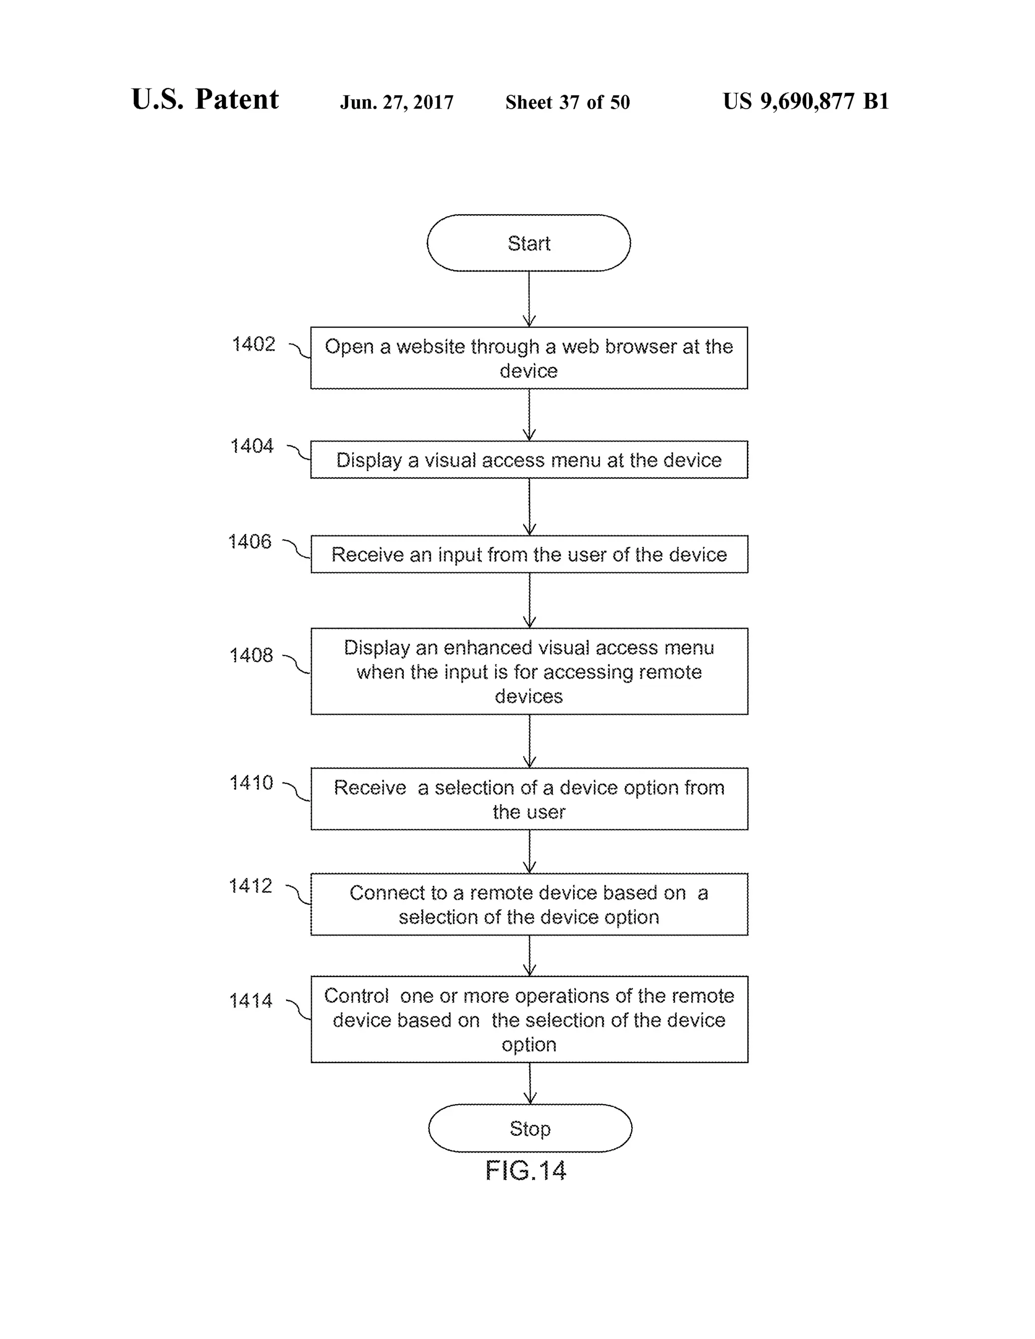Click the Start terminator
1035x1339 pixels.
(x=529, y=243)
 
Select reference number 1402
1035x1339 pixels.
(x=253, y=345)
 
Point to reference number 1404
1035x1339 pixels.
(x=251, y=446)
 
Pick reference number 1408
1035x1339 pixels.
(x=251, y=655)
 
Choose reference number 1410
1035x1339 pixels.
(x=251, y=783)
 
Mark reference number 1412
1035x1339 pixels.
(x=250, y=886)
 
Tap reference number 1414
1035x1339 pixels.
(x=250, y=1001)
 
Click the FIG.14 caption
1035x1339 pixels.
(x=526, y=1171)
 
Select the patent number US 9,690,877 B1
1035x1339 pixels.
(x=806, y=101)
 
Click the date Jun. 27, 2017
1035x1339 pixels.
(x=397, y=103)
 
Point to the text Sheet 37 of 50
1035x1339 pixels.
(x=567, y=103)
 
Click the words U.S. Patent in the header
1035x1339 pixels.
(x=205, y=100)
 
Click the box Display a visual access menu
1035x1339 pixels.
(x=529, y=460)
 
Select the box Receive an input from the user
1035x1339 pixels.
(x=529, y=554)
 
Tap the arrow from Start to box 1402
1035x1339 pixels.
(x=529, y=299)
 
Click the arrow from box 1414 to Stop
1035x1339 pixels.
(x=530, y=1083)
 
